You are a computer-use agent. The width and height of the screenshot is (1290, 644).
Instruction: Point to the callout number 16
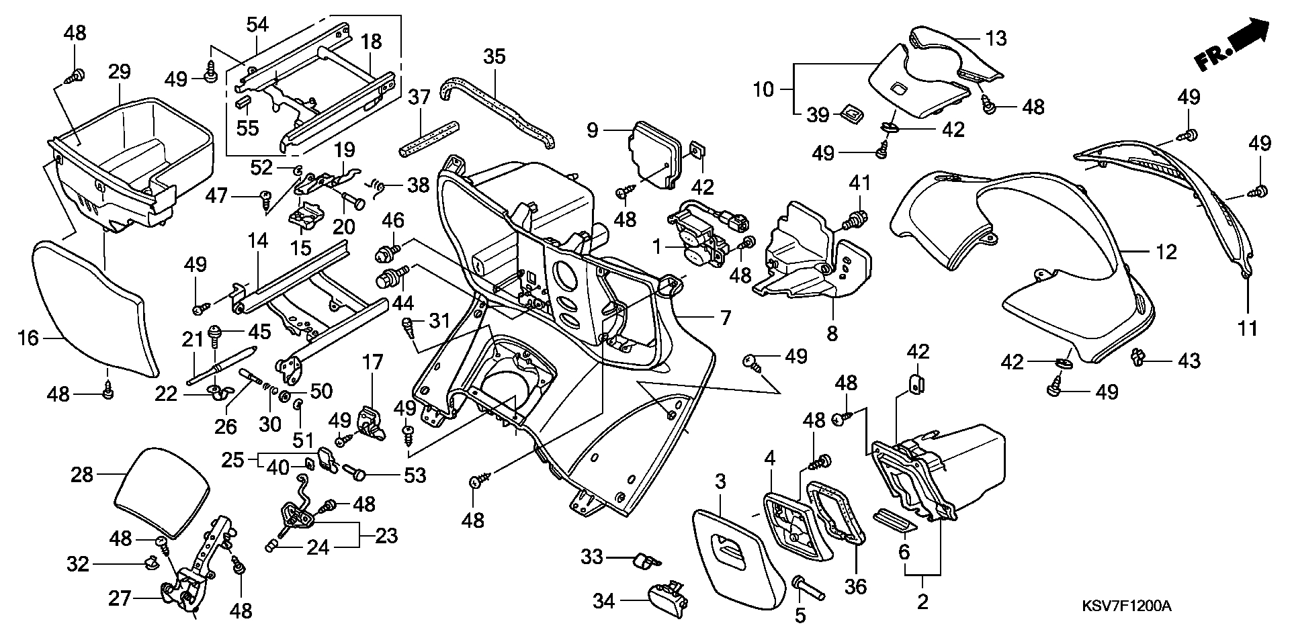28,338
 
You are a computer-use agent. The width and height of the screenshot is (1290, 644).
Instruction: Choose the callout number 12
1167,252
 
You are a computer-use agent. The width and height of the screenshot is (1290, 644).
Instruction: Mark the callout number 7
726,317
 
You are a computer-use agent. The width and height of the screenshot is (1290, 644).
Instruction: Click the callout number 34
604,601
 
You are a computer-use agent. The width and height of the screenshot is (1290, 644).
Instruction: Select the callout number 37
419,98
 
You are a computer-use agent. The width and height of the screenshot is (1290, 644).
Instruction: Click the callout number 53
415,476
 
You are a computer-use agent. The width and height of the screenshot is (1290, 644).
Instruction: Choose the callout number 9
592,130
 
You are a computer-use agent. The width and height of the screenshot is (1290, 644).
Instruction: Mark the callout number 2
922,601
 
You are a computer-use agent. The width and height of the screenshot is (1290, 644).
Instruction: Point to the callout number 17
373,363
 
